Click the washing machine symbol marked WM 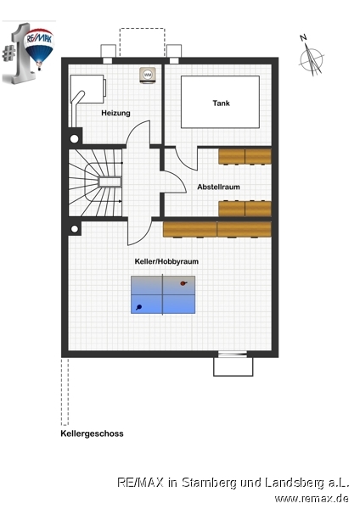[148, 75]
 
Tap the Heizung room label [115, 113]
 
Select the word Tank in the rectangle [222, 103]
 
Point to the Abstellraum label [219, 187]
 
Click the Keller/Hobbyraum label [166, 261]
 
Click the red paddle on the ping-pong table [183, 283]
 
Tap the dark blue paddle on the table [139, 307]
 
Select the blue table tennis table [163, 294]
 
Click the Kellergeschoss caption [92, 433]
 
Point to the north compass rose [312, 59]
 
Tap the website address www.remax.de [312, 498]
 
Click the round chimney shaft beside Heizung [75, 139]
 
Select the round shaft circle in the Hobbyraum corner [75, 229]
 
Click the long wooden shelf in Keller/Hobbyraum [217, 229]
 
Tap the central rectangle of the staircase [110, 182]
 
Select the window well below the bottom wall [233, 366]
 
